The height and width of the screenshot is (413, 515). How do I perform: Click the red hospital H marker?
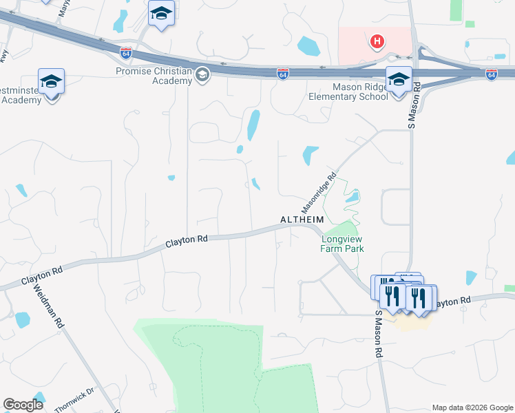pyautogui.click(x=377, y=42)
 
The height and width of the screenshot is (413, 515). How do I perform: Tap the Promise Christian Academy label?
pyautogui.click(x=154, y=76)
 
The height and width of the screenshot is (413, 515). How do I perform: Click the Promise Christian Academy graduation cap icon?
pyautogui.click(x=202, y=74)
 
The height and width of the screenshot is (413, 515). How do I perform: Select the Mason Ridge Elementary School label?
pyautogui.click(x=370, y=92)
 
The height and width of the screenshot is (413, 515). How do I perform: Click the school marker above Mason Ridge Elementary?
pyautogui.click(x=398, y=79)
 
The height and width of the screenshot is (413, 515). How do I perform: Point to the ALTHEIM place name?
pyautogui.click(x=302, y=220)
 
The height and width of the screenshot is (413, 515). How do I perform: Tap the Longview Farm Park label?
pyautogui.click(x=342, y=244)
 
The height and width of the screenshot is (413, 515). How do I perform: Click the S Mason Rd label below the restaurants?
pyautogui.click(x=378, y=334)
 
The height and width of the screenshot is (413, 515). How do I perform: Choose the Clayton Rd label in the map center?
pyautogui.click(x=187, y=241)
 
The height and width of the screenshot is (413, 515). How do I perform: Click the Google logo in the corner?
pyautogui.click(x=23, y=405)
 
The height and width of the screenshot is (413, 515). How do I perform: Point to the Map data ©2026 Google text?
pyautogui.click(x=472, y=407)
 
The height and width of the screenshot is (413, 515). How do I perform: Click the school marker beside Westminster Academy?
pyautogui.click(x=52, y=82)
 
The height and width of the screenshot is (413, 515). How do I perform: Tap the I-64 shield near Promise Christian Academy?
pyautogui.click(x=126, y=52)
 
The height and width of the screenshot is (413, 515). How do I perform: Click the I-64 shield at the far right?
pyautogui.click(x=491, y=74)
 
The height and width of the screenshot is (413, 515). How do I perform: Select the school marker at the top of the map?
pyautogui.click(x=162, y=14)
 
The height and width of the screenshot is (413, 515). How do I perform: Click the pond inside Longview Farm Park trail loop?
pyautogui.click(x=353, y=198)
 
